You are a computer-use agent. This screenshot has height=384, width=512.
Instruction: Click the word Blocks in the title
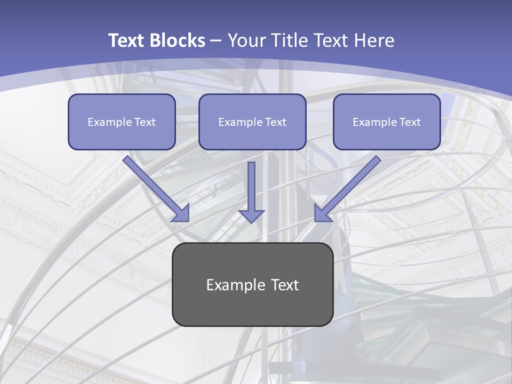177,41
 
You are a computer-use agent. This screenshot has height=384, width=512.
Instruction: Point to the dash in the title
216,41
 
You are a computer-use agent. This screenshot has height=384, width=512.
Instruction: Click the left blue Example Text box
122,122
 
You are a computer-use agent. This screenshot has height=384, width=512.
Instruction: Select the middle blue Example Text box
252,122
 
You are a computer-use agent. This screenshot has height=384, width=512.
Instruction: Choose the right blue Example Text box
387,122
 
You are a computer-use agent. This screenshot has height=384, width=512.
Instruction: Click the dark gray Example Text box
252,284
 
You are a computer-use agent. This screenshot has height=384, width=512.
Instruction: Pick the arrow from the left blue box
155,187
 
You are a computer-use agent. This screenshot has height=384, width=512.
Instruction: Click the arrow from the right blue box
349,187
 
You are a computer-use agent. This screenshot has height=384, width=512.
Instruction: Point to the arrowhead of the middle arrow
251,215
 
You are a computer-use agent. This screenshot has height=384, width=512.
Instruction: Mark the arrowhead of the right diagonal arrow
322,213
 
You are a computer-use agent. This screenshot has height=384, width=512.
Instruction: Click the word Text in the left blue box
143,122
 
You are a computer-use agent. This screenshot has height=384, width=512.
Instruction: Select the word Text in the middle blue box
275,122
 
